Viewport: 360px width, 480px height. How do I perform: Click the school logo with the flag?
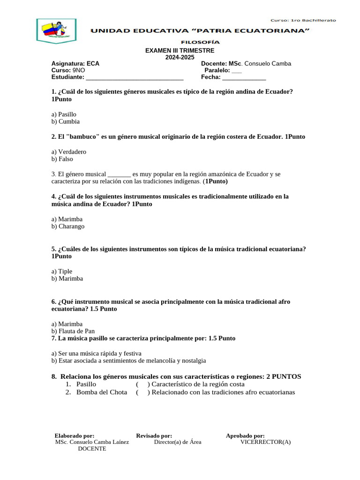[56, 31]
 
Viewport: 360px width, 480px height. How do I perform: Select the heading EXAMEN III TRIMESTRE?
[180, 51]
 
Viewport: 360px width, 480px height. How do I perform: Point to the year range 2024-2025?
[180, 57]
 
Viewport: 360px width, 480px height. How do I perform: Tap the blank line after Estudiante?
[135, 77]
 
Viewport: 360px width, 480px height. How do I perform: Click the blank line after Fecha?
[244, 77]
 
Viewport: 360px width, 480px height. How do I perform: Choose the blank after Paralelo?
[237, 70]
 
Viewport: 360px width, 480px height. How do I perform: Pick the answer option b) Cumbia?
[66, 121]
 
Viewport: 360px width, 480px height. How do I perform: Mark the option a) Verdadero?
[69, 152]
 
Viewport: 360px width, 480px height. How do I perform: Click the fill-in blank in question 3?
[119, 174]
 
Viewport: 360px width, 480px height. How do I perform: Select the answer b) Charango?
[68, 226]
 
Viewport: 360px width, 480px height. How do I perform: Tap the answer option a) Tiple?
[62, 271]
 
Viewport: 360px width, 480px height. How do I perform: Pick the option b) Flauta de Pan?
[73, 331]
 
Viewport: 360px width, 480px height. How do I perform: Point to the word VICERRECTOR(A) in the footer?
[265, 442]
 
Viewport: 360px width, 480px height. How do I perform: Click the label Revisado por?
[154, 436]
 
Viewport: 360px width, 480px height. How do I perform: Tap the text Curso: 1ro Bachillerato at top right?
[303, 20]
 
